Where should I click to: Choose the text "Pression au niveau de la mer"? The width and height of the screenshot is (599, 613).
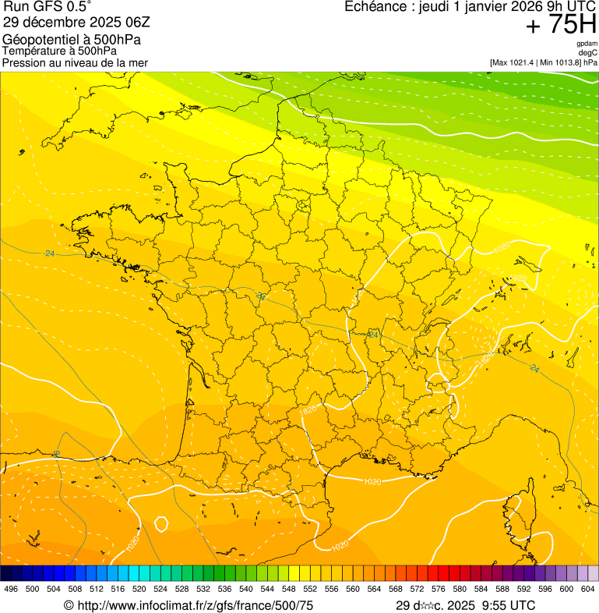click(75, 62)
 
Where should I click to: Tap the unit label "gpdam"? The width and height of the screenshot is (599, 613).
click(587, 44)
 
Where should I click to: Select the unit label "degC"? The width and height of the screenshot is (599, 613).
click(589, 52)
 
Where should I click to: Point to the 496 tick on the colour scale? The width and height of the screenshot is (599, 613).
click(11, 589)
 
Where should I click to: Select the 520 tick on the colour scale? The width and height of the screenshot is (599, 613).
click(139, 589)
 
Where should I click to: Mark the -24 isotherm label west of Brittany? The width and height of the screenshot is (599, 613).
click(50, 253)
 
